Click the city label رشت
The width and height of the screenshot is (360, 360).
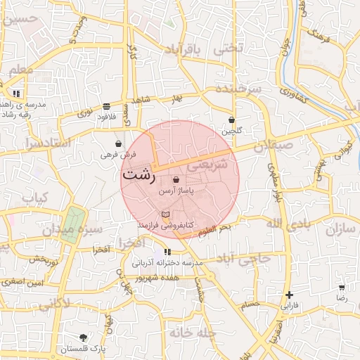[139, 175]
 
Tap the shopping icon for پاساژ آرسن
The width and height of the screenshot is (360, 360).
[175, 180]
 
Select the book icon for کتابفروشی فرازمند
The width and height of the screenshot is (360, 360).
[165, 214]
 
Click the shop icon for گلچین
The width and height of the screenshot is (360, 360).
[232, 120]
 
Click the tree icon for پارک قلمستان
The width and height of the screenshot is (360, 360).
[84, 337]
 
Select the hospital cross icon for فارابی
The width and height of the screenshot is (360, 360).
[289, 295]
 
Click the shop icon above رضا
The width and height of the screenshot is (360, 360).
[342, 287]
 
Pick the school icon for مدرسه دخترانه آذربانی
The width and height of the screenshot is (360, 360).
[167, 252]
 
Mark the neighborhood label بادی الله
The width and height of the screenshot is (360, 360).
[288, 223]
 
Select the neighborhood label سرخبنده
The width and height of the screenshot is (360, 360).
[238, 89]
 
